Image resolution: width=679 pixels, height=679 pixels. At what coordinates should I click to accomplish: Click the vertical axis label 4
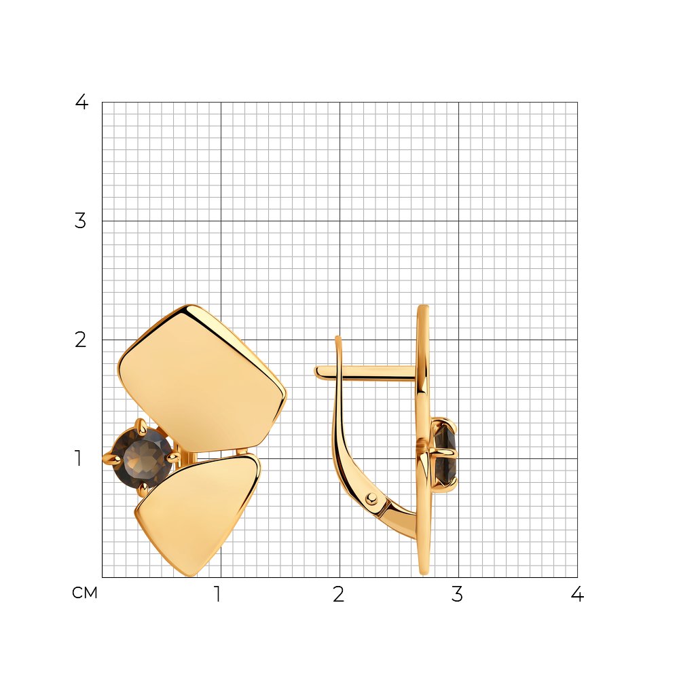[81, 102]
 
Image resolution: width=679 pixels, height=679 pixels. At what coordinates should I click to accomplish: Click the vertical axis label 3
[81, 221]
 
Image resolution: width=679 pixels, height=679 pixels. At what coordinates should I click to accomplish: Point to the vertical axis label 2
[81, 340]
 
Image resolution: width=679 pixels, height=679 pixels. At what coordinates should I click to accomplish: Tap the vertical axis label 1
[78, 458]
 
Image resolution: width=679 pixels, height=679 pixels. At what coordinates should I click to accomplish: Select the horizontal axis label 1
[218, 594]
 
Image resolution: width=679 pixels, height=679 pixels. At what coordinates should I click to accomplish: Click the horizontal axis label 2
[339, 594]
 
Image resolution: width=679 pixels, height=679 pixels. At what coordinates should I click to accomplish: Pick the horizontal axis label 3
[457, 594]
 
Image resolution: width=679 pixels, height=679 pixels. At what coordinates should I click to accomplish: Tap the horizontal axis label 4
[577, 594]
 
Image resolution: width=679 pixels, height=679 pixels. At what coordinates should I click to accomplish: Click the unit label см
[85, 593]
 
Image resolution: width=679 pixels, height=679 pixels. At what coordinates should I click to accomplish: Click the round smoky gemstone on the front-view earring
[143, 457]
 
